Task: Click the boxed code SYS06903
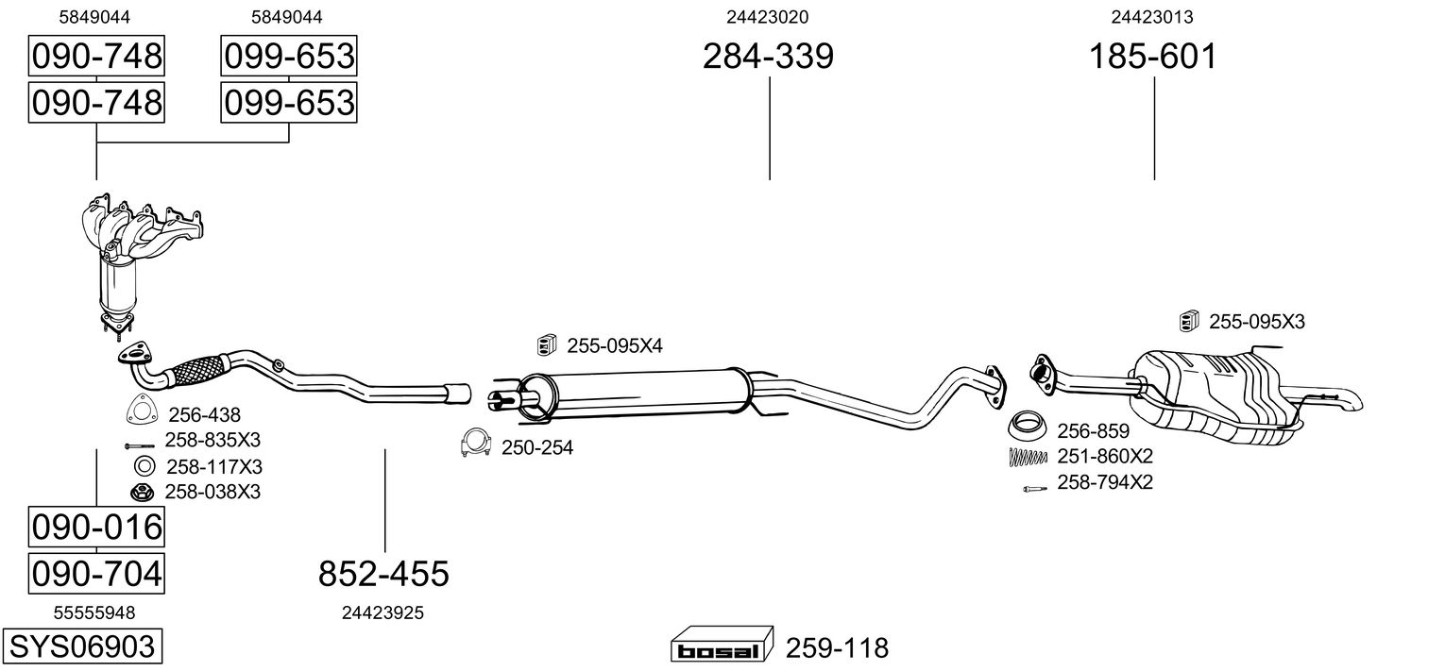82,646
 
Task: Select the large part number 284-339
768,56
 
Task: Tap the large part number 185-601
1153,56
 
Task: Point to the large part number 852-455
383,573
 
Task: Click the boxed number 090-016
96,527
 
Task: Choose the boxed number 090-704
96,573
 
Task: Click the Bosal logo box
722,644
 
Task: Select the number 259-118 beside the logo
837,647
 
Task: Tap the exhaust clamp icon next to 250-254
476,443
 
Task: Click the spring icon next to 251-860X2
1028,457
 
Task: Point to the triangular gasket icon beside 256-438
142,409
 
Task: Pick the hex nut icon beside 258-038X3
142,493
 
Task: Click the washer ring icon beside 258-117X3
144,465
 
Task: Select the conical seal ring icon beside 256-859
1027,426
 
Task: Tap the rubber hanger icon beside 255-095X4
547,345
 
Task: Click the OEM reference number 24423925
382,613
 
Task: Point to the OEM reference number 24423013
1151,17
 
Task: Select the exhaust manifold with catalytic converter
142,264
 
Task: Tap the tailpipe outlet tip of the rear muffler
1353,401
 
